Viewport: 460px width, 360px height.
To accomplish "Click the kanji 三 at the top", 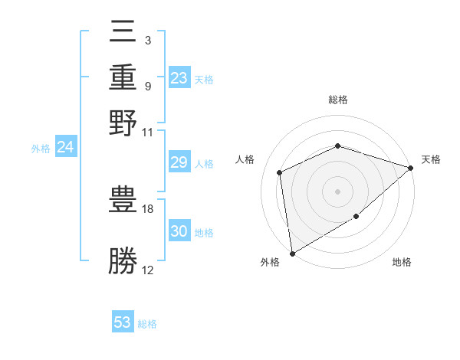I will point(123,34).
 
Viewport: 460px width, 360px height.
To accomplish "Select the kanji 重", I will point(123,78).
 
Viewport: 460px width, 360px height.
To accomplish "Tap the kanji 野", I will point(123,123).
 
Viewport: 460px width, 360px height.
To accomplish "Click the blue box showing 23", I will point(179,77).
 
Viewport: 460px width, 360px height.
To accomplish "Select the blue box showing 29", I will point(179,162).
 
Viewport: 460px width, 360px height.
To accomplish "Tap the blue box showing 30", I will point(179,231).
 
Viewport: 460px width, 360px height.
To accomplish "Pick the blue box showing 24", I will point(65,147).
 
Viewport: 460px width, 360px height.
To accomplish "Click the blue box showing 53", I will point(123,322).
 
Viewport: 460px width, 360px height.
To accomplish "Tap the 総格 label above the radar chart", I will point(337,100).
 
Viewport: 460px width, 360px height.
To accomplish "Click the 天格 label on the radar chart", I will point(431,159).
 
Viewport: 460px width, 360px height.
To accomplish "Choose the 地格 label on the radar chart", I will point(402,263).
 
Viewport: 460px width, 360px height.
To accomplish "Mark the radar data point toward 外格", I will point(292,253).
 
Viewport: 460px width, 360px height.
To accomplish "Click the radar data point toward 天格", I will point(411,168).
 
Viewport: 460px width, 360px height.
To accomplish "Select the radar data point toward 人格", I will point(280,172).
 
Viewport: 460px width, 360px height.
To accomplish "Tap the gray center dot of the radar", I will point(337,191).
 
